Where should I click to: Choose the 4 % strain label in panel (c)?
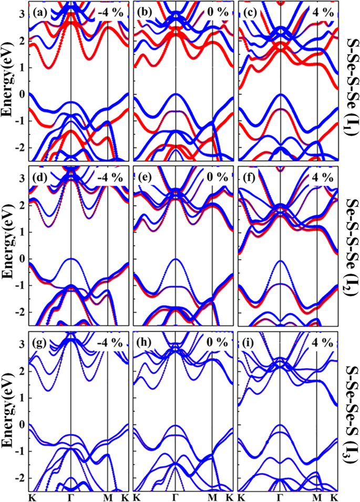[x=322, y=12]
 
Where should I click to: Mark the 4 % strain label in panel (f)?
[x=322, y=177]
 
